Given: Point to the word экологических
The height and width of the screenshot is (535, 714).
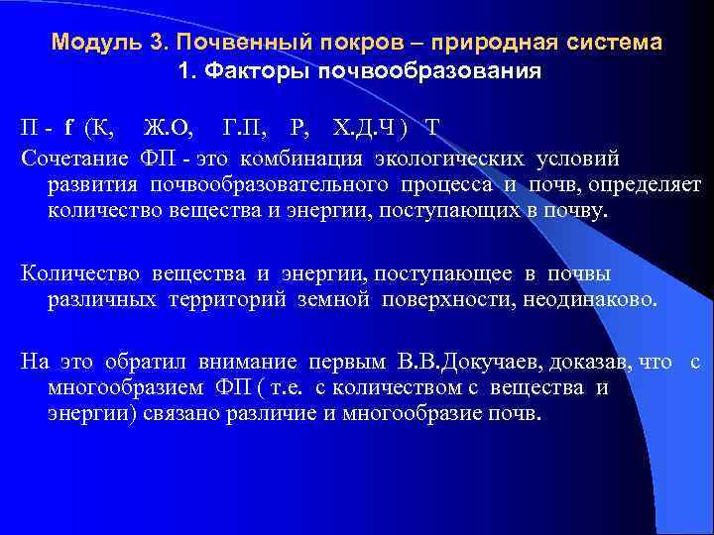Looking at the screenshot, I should (x=450, y=158).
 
